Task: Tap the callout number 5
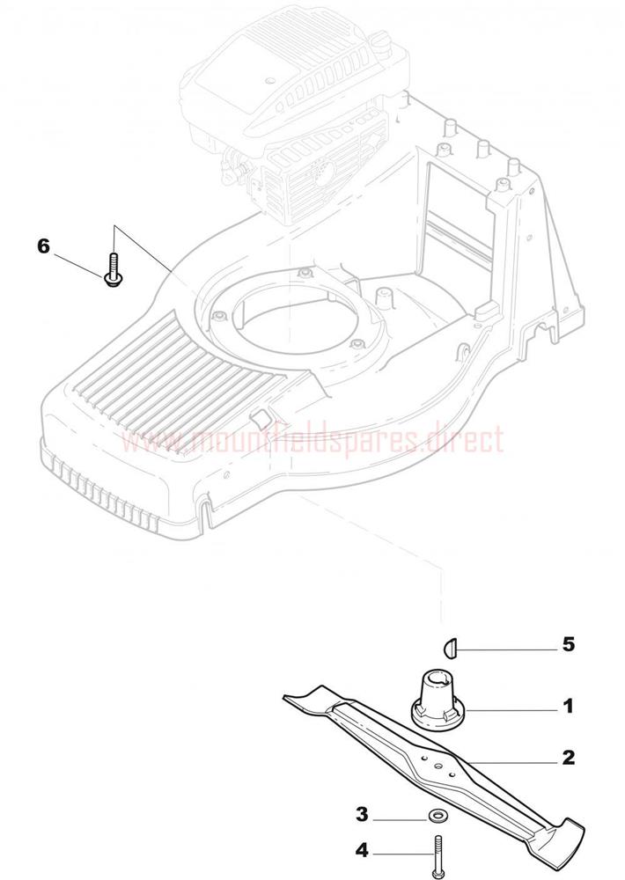coord(569,644)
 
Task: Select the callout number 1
coord(569,706)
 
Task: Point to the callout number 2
coord(569,757)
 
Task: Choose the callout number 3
coord(362,814)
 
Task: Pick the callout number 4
coord(362,851)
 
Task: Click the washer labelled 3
coord(433,814)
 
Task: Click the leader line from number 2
coord(512,760)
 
